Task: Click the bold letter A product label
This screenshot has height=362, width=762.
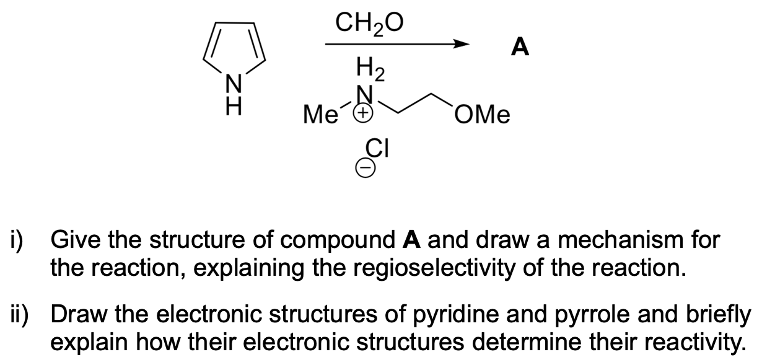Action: pos(521,46)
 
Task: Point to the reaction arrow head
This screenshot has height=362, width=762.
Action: pos(460,45)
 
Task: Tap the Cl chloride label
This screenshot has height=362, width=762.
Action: pos(378,150)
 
